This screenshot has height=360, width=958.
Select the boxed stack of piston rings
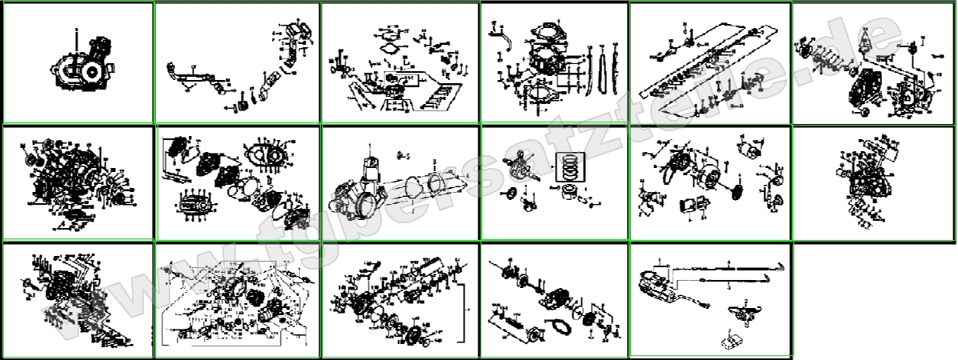pos(573,163)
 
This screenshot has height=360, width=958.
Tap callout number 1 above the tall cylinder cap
pos(371,141)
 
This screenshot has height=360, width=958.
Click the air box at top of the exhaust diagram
pos(296,32)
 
